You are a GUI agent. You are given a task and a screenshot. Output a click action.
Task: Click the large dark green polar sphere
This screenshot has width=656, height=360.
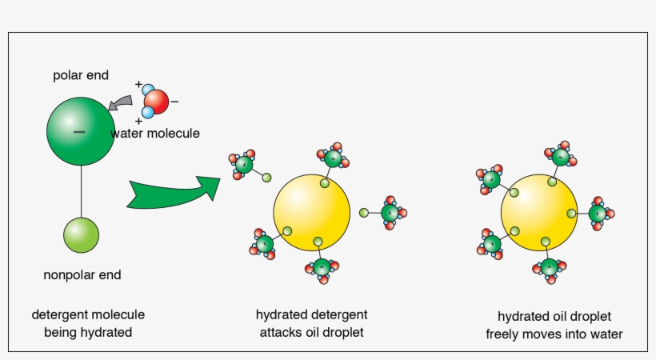pyautogui.click(x=81, y=130)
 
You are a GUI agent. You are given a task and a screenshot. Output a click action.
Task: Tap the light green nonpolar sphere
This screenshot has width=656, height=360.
pyautogui.click(x=81, y=234)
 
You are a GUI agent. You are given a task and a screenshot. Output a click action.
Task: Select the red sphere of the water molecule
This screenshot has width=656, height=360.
pyautogui.click(x=157, y=102)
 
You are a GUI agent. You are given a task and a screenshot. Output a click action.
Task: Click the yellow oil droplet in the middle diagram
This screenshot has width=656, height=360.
pyautogui.click(x=311, y=211)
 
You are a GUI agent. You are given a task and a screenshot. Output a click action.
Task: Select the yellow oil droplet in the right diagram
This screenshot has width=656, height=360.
pyautogui.click(x=538, y=212)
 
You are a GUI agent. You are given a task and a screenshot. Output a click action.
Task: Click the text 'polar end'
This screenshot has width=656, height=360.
pyautogui.click(x=81, y=76)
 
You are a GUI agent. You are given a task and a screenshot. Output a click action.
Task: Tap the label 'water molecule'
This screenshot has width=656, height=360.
pyautogui.click(x=155, y=133)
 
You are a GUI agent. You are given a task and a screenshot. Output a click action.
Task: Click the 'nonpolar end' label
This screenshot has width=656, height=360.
pyautogui.click(x=82, y=275)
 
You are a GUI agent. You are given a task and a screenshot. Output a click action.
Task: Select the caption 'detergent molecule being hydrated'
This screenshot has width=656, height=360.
pyautogui.click(x=88, y=323)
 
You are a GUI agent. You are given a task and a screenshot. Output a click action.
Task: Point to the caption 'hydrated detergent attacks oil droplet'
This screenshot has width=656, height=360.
pyautogui.click(x=311, y=323)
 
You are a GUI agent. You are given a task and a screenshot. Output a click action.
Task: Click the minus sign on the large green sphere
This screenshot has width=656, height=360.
pyautogui.click(x=78, y=130)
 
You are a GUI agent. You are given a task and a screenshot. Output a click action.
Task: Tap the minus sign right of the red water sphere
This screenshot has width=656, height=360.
pyautogui.click(x=175, y=102)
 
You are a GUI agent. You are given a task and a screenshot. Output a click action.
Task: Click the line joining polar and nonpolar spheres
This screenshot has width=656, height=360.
pyautogui.click(x=81, y=189)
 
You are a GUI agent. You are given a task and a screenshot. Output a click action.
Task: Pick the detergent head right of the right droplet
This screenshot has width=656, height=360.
pyautogui.click(x=597, y=214)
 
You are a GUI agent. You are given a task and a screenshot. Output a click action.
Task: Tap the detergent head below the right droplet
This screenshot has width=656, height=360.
pyautogui.click(x=549, y=268)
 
